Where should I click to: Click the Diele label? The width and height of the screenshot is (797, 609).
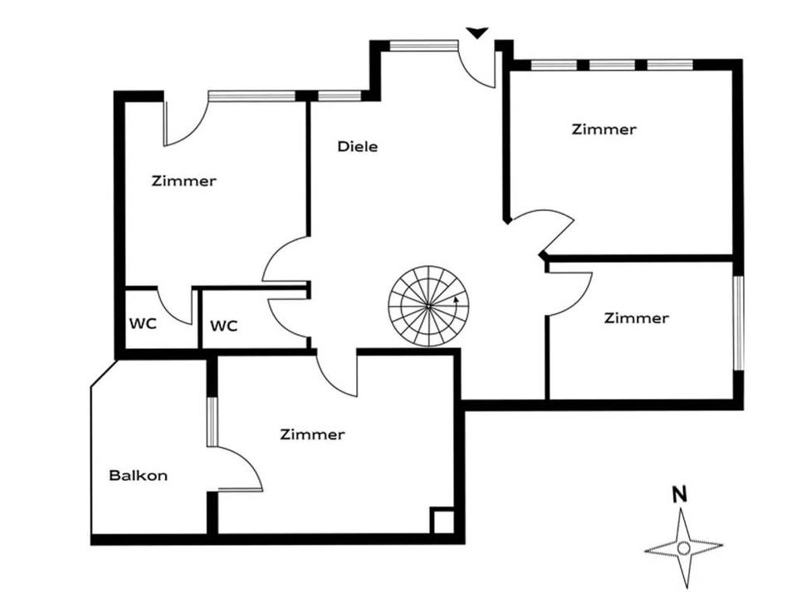click(x=358, y=147)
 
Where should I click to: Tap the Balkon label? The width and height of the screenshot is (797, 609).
click(x=138, y=476)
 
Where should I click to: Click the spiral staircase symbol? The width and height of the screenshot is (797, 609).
click(x=428, y=306)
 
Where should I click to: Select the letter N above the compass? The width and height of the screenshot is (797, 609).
click(x=679, y=493)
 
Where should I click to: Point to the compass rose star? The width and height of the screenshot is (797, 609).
click(x=683, y=548)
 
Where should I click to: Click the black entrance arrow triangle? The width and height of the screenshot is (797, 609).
click(x=477, y=33)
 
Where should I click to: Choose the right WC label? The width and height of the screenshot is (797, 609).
click(x=222, y=326)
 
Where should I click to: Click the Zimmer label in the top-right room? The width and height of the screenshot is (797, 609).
click(x=604, y=130)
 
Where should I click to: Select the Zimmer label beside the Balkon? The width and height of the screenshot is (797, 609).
click(x=311, y=435)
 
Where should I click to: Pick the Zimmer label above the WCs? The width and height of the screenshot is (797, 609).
click(x=183, y=181)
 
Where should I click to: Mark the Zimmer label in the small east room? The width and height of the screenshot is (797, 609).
click(x=636, y=318)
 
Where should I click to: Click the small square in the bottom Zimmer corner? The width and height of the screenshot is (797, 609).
click(x=442, y=519)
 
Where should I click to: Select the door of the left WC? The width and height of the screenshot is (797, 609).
click(x=174, y=307)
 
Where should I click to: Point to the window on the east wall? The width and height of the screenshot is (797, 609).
click(x=737, y=320)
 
